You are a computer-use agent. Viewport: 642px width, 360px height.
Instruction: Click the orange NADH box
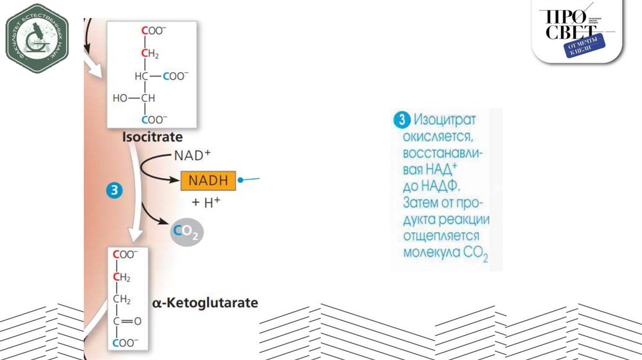[x=209, y=181]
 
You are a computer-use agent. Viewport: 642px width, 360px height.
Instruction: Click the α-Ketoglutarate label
[x=205, y=303]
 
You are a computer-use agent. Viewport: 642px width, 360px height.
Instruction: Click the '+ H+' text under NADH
[x=206, y=203]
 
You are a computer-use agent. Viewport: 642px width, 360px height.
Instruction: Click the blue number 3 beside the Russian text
[x=401, y=119]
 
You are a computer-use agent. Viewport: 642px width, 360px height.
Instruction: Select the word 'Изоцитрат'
[x=445, y=119]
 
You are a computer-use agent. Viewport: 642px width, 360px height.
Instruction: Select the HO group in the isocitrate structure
[x=120, y=98]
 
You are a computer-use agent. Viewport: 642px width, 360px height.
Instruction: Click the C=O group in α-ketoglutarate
[x=127, y=320]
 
